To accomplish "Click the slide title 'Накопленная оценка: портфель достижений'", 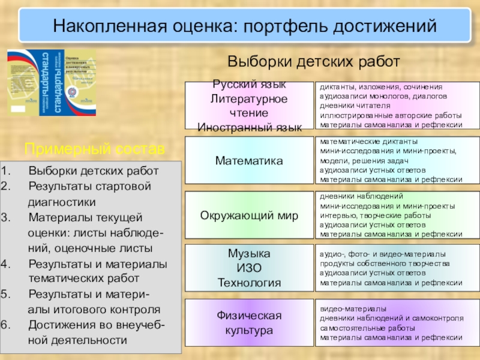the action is (x=244, y=26).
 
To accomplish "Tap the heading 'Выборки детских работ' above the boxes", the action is (x=313, y=62).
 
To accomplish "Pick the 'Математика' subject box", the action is (x=249, y=161).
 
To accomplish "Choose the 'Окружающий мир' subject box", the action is (x=249, y=215).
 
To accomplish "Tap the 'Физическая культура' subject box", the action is (x=249, y=323).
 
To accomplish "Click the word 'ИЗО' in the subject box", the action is (x=249, y=268).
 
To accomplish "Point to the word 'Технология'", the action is (x=249, y=282).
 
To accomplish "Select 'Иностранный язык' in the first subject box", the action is (x=249, y=126).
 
